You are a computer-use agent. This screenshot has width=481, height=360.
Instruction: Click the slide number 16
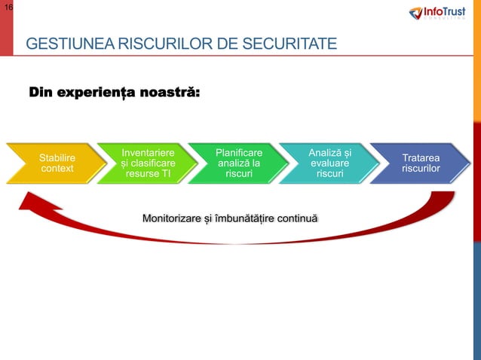tap(7, 7)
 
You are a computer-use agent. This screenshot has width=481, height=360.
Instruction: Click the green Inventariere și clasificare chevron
tap(148, 163)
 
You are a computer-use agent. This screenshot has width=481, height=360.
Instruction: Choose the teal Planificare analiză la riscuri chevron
tap(239, 163)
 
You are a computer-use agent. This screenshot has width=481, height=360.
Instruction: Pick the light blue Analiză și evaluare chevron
tap(330, 163)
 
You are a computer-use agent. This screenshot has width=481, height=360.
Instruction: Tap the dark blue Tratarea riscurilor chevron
tap(422, 163)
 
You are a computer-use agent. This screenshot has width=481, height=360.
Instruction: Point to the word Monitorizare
tap(170, 218)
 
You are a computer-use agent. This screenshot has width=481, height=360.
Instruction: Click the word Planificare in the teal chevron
tap(239, 153)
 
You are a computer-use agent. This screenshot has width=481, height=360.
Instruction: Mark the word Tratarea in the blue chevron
tap(421, 158)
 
